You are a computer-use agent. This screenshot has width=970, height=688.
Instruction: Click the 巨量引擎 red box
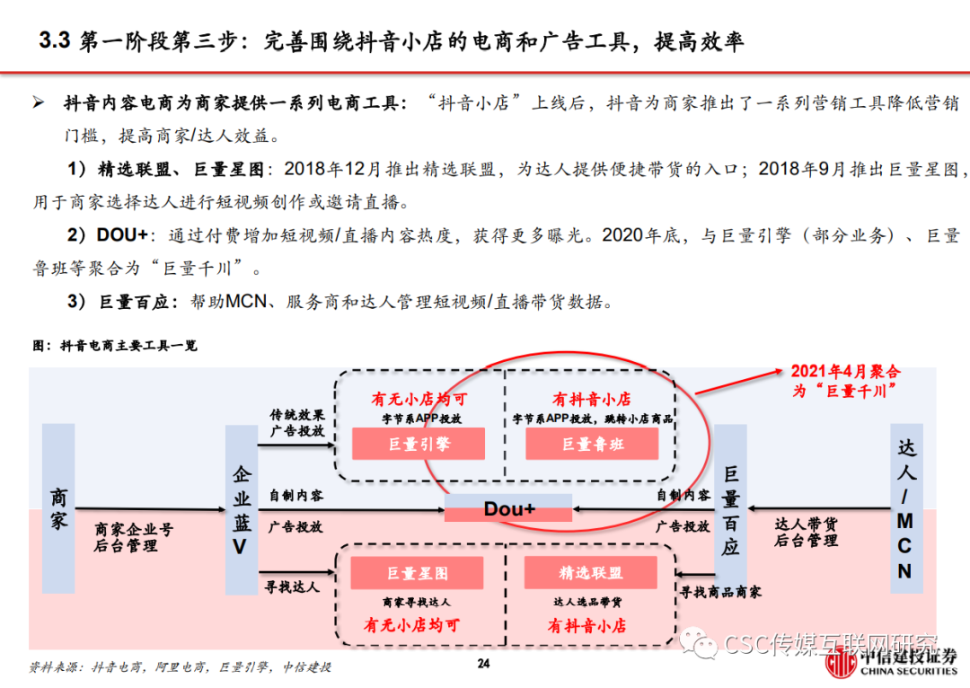[x=418, y=444]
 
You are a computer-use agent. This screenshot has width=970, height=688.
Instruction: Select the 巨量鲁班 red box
[x=592, y=444]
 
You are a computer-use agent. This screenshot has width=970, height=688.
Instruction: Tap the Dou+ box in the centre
[x=508, y=509]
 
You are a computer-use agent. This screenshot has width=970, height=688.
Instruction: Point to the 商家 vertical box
[x=58, y=509]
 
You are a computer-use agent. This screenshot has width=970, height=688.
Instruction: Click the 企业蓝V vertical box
[x=241, y=509]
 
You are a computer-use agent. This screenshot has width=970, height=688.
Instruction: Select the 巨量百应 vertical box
[x=730, y=509]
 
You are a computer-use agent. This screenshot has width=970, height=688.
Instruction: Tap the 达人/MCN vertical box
[x=905, y=509]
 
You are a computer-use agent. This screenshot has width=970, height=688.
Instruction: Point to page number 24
[x=484, y=665]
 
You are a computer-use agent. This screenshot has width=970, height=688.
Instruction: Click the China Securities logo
[x=892, y=662]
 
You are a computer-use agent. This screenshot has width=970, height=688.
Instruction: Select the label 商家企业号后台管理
[x=134, y=537]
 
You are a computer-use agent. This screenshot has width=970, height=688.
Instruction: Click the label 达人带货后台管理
[x=806, y=532]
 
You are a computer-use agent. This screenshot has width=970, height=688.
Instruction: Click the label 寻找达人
[x=292, y=587]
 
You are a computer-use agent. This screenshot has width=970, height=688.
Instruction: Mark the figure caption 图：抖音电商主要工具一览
[x=114, y=345]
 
